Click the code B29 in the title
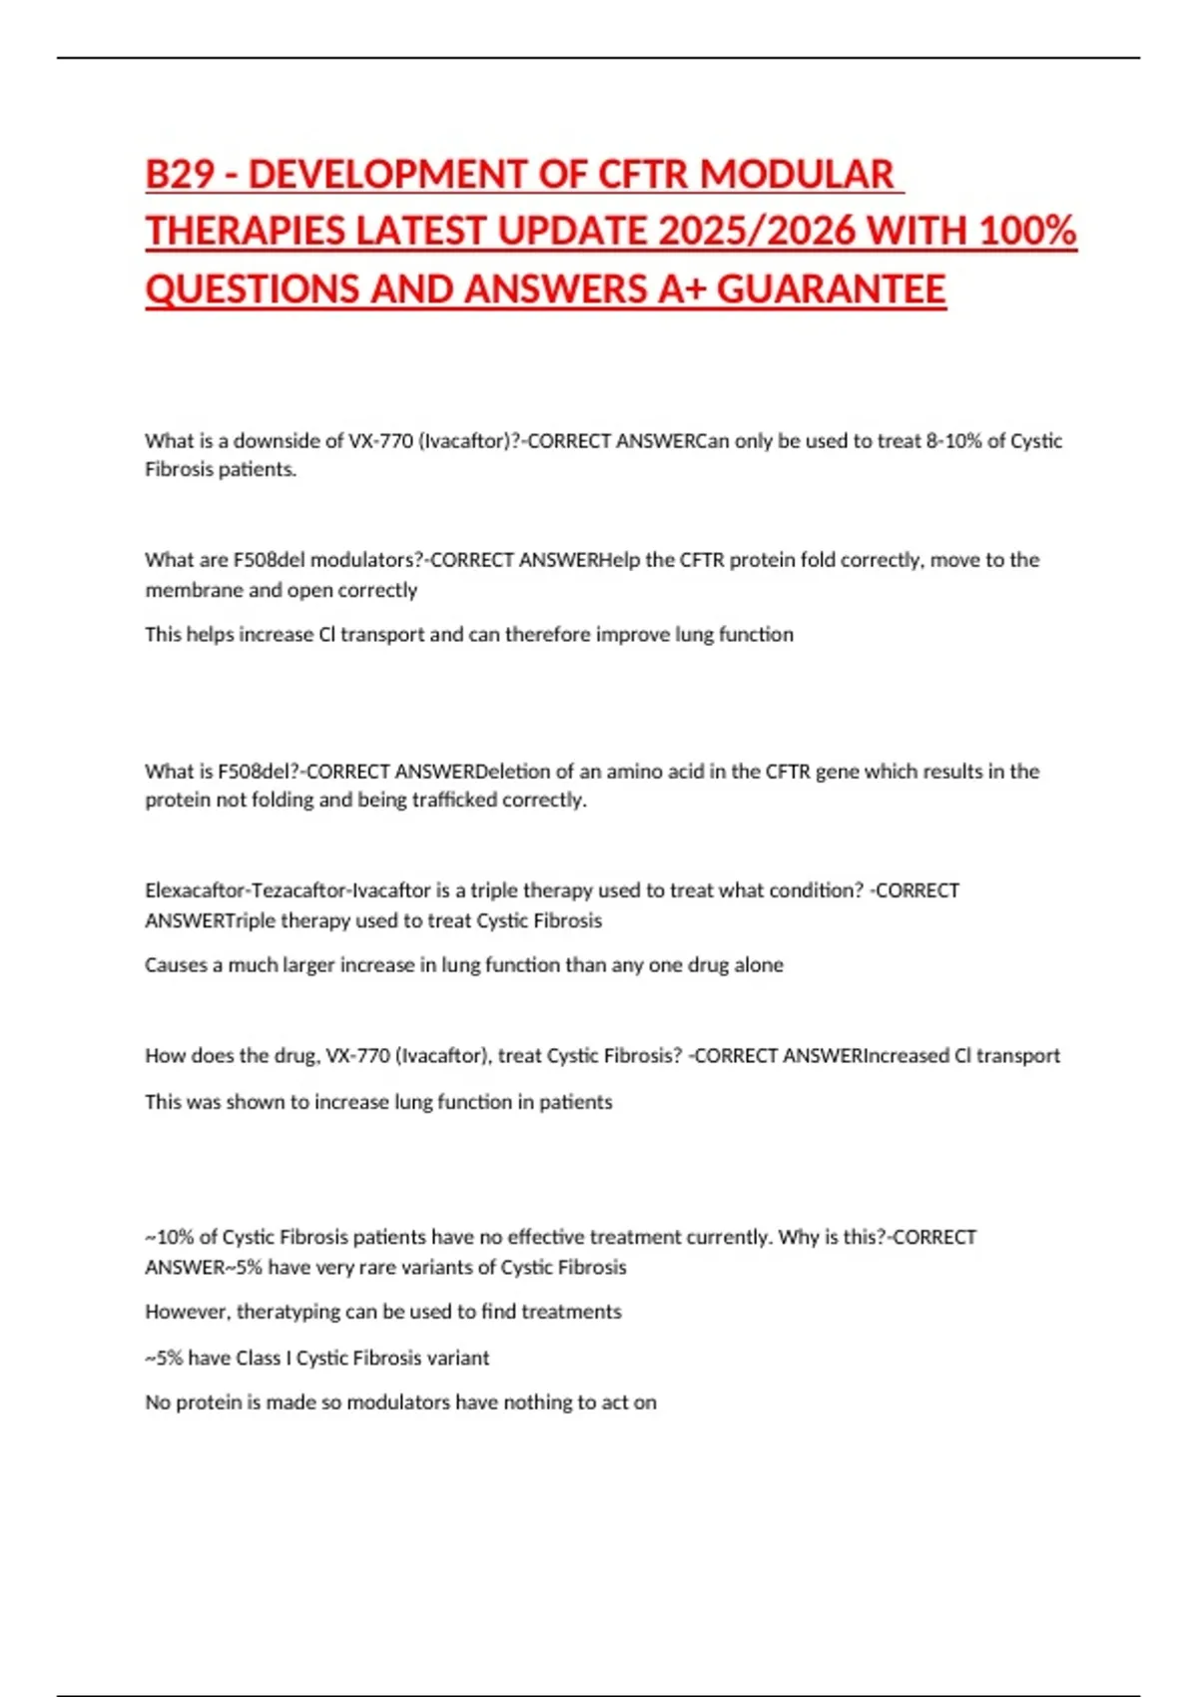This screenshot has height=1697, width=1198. click(x=180, y=175)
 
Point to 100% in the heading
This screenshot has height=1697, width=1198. click(x=1027, y=232)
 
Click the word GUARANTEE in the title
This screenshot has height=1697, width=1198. click(x=831, y=289)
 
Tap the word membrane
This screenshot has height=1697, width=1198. click(x=194, y=590)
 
